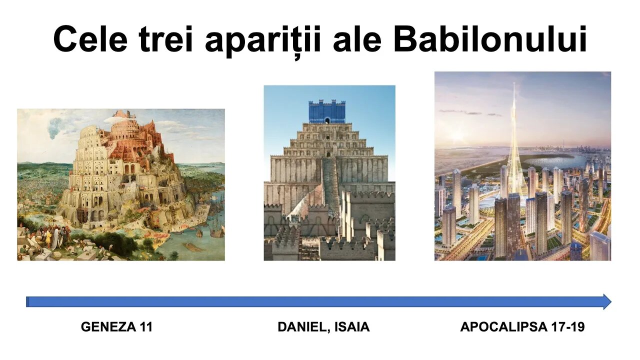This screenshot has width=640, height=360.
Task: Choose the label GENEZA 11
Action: [x=116, y=327]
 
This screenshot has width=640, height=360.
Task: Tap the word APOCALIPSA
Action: [x=503, y=327]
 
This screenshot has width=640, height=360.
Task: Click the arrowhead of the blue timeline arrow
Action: [x=607, y=301]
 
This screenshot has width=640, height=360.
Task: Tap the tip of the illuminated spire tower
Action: [x=514, y=83]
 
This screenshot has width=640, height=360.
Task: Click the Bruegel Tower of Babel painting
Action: [x=121, y=184]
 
